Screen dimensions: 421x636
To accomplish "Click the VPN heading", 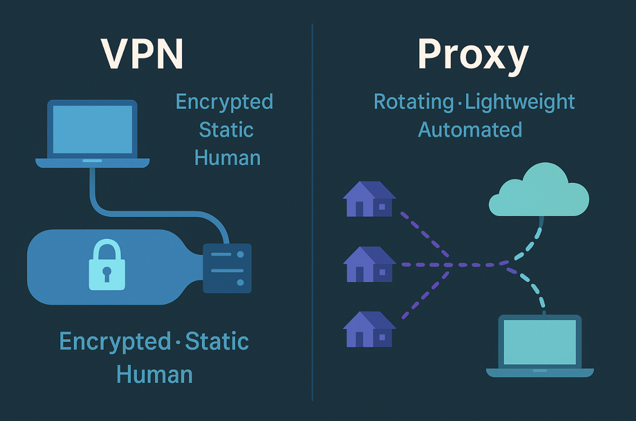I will click(142, 53).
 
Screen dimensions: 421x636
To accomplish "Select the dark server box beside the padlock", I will click(227, 268).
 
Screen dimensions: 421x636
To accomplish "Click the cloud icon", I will click(539, 191).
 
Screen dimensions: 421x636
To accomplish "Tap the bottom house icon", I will click(369, 329).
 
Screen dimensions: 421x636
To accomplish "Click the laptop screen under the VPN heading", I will click(93, 129).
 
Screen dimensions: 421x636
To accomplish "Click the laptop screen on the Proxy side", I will click(540, 342).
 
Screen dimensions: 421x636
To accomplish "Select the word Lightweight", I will click(520, 102).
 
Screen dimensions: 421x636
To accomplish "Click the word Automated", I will click(470, 129).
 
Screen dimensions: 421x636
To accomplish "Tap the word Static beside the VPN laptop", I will click(226, 129).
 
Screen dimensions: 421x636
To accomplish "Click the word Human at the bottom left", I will click(155, 374).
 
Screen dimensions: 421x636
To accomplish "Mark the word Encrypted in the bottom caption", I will click(115, 342).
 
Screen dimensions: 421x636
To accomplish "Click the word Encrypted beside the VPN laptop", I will click(224, 102).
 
